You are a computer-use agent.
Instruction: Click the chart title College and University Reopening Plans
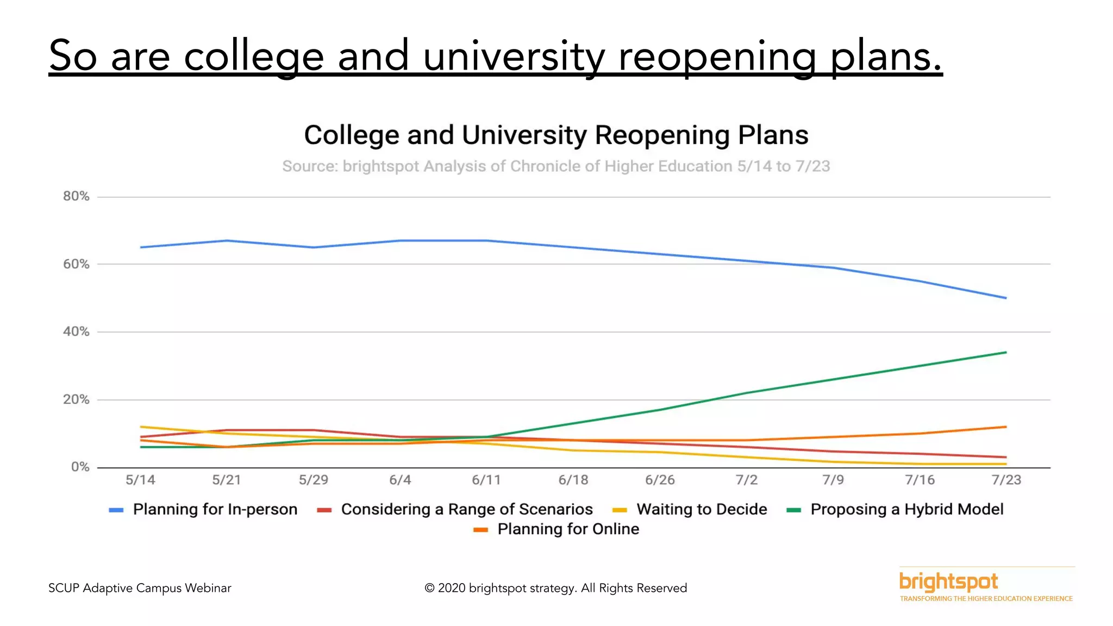coord(556,135)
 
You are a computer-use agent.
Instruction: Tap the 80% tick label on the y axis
coord(76,196)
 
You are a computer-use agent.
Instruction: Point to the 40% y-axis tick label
coord(76,331)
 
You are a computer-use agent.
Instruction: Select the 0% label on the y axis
coord(80,467)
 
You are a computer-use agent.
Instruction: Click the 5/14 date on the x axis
coord(140,480)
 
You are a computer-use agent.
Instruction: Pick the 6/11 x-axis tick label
coord(486,480)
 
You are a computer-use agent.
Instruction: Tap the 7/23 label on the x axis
coord(1006,480)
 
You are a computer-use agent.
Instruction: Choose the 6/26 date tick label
coord(660,480)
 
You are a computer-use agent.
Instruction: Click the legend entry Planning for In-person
coord(215,509)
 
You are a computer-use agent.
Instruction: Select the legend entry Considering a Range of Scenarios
coord(466,509)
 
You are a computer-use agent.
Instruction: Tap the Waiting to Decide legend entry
coord(701,509)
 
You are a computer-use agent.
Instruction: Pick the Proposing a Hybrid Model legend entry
coord(906,509)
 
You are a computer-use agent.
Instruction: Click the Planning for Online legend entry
coord(568,529)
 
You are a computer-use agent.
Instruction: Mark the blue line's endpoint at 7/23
coord(1006,298)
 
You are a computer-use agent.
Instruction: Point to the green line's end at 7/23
coord(1006,353)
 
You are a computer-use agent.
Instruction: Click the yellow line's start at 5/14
coord(141,427)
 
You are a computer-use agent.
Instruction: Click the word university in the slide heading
coord(514,56)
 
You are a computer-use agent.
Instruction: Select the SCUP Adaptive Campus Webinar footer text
coord(140,588)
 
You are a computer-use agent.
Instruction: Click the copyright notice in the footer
coord(555,588)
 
